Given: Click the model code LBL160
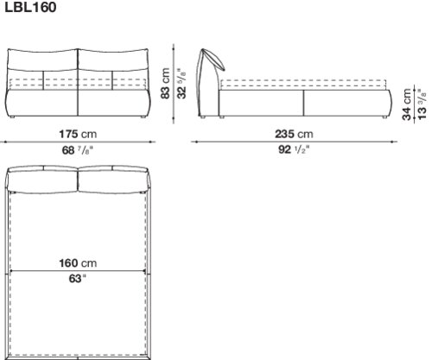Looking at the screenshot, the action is point(30,7).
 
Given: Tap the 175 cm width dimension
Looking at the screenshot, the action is point(78,134).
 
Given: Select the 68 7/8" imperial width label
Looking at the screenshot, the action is point(78,150).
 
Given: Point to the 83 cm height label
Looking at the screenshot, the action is point(165,84).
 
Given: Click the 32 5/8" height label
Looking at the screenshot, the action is point(181,84).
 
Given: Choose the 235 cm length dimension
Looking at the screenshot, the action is point(294,134).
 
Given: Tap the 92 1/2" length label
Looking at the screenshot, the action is point(294,149).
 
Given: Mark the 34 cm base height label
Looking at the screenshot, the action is point(407,104).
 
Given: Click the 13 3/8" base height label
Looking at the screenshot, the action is point(422,104).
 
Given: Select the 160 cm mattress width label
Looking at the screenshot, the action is point(78,263).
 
